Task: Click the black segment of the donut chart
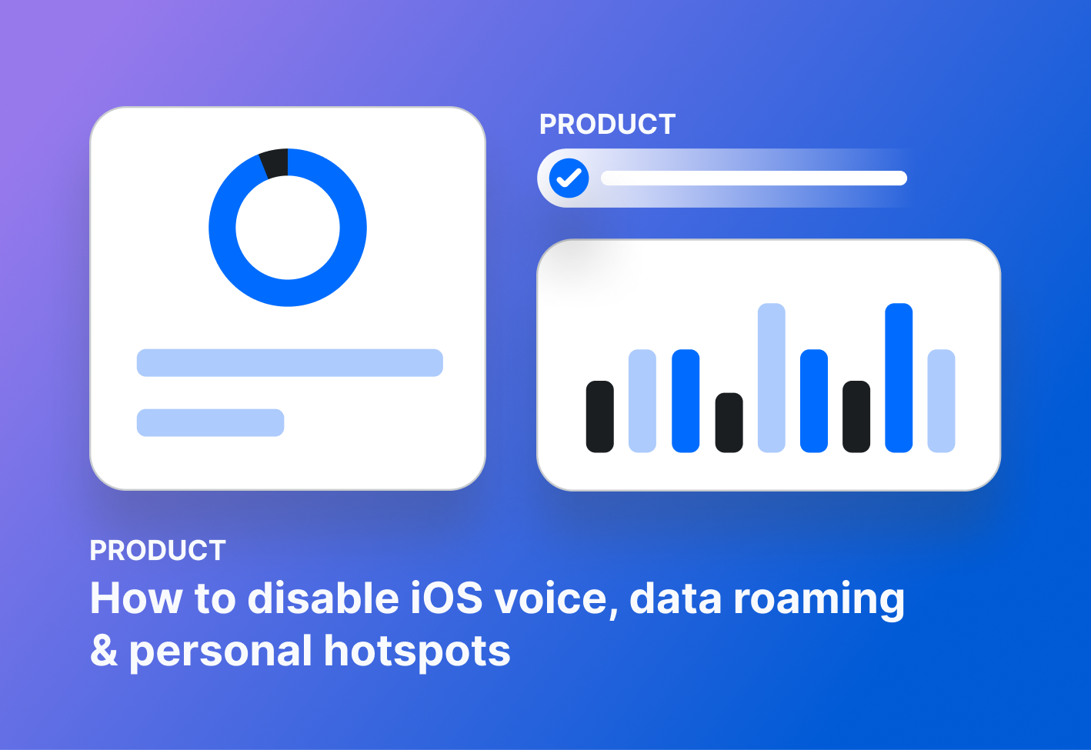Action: click(275, 163)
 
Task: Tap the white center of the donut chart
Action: click(288, 228)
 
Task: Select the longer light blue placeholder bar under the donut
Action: click(289, 362)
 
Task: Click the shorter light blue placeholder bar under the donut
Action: click(210, 422)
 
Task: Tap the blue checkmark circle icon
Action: click(569, 178)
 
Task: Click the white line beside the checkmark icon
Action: click(753, 178)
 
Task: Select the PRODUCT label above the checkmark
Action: click(607, 125)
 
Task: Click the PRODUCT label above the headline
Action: click(158, 551)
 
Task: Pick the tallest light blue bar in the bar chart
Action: click(771, 377)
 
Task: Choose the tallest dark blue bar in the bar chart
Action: click(899, 377)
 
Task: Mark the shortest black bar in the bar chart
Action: click(729, 422)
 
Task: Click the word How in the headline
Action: click(135, 598)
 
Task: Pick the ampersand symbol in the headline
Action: click(104, 651)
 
